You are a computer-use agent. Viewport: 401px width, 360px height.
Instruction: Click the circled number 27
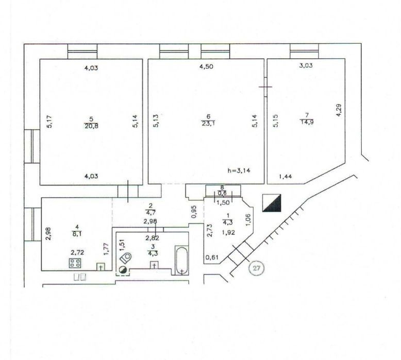tap(257, 268)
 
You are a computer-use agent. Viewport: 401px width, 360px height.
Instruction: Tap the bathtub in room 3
tap(181, 260)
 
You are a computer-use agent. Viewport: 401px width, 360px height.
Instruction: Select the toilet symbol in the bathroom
tap(126, 259)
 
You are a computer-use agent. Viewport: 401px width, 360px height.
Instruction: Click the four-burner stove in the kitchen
tap(75, 263)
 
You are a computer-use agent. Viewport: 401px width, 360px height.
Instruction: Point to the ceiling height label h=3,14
tap(239, 170)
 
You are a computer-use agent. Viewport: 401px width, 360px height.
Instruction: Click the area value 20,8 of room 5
tap(91, 126)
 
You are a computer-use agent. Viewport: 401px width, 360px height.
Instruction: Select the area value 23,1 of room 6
tap(208, 125)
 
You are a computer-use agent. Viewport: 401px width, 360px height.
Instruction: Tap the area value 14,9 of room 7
tap(307, 122)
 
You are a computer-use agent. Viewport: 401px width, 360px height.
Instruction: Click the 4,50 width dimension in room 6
tap(206, 66)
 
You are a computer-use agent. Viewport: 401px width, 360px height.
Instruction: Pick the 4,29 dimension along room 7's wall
tap(339, 110)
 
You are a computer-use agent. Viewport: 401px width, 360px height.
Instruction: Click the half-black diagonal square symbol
tap(272, 203)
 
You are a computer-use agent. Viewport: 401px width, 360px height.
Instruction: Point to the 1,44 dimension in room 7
tap(286, 176)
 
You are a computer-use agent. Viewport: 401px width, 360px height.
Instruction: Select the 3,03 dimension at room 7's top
tap(306, 65)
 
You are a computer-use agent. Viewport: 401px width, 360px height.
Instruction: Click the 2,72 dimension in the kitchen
tap(77, 253)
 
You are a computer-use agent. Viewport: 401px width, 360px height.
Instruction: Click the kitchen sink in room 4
tap(101, 267)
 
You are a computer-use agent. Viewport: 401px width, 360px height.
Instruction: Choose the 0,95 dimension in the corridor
tap(194, 212)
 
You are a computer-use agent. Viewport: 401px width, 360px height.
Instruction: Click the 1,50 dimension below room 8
tap(223, 203)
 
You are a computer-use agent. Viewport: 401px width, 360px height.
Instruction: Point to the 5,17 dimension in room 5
tap(49, 122)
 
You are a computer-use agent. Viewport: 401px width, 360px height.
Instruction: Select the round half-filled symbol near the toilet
tap(123, 270)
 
